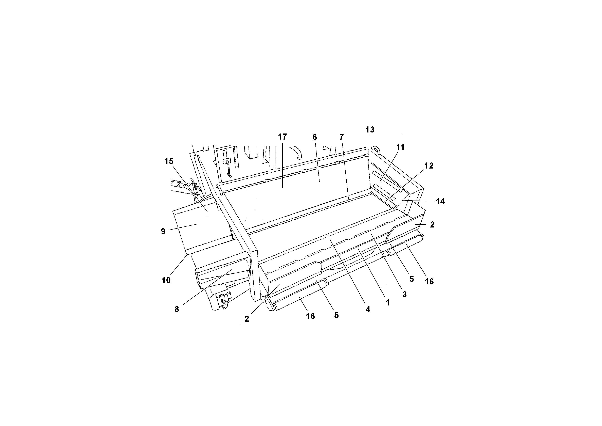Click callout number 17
click(282, 137)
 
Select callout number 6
click(315, 137)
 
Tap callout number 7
click(341, 137)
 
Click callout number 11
click(400, 147)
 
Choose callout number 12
click(429, 166)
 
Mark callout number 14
click(440, 201)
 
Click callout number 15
click(169, 161)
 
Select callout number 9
click(163, 231)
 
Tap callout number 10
click(166, 280)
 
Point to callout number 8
click(177, 309)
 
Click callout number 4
click(368, 309)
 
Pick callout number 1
click(387, 303)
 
